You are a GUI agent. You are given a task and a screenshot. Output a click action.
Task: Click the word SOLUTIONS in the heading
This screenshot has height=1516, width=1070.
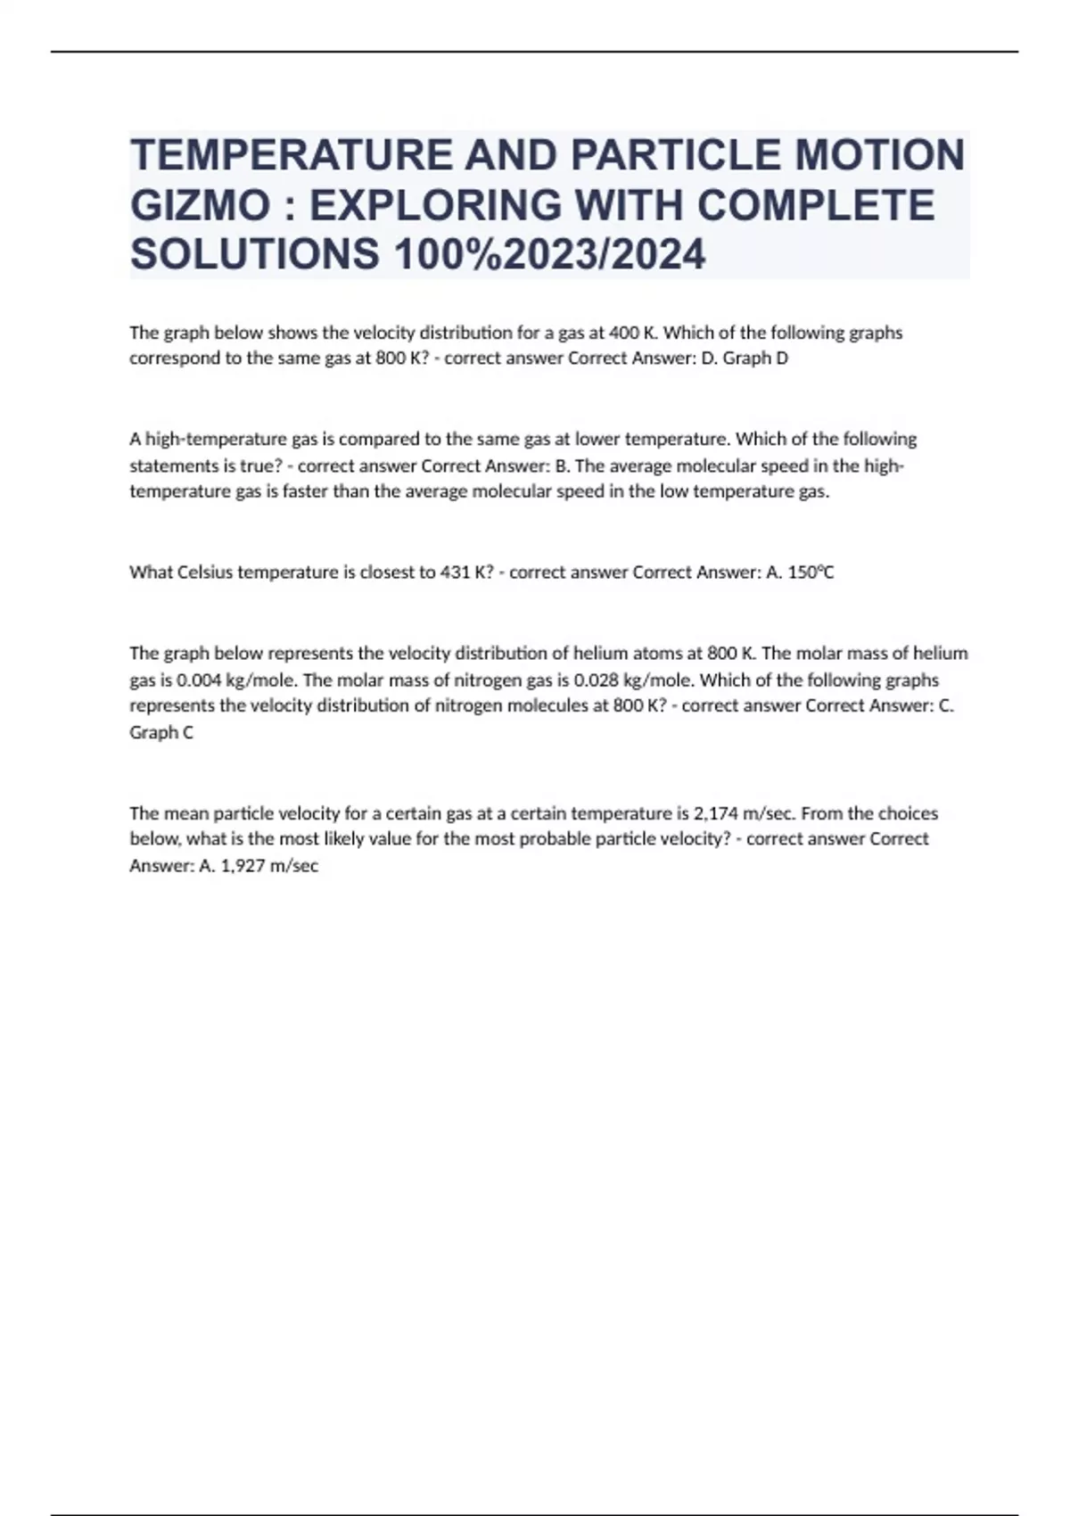point(254,255)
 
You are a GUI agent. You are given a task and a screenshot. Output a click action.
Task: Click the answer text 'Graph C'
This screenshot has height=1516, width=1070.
point(161,732)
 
